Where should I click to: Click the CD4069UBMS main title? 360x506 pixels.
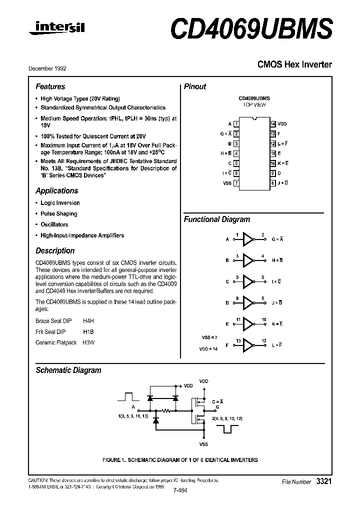251,29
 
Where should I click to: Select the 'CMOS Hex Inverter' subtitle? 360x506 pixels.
294,64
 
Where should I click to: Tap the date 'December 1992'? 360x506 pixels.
47,68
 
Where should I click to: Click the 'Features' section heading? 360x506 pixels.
50,86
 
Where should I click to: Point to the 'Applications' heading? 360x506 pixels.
56,190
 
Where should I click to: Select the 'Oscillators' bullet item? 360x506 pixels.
54,224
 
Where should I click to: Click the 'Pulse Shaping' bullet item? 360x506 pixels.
58,213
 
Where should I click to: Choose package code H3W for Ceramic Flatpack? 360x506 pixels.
88,342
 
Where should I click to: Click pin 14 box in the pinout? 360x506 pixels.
272,123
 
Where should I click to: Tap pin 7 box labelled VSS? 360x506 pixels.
236,183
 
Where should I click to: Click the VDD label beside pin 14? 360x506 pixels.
282,123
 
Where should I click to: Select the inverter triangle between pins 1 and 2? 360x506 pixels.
248,239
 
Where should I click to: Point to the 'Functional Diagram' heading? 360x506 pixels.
216,219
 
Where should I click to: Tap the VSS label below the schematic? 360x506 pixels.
203,444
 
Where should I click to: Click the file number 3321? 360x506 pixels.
323,481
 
